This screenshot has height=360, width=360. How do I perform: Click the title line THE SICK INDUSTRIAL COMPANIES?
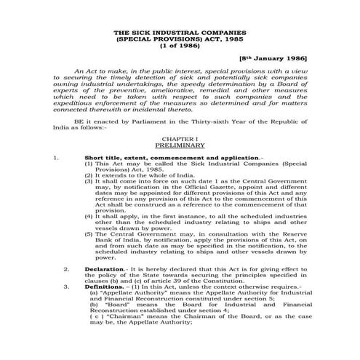pos(180,33)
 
